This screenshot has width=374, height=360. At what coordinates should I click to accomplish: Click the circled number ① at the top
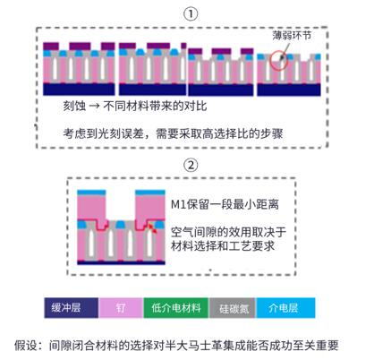tap(191, 14)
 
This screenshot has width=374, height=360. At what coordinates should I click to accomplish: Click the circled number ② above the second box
tap(191, 165)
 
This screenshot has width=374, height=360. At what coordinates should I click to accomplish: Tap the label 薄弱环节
tap(292, 36)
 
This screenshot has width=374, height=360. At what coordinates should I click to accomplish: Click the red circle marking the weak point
tap(279, 60)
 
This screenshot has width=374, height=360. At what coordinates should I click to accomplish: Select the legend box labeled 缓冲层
tap(72, 308)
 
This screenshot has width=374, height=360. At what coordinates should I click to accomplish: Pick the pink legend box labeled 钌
tap(121, 308)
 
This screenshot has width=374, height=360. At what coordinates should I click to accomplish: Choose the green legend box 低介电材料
tap(176, 308)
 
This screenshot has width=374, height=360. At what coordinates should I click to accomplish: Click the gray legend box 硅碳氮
tap(232, 308)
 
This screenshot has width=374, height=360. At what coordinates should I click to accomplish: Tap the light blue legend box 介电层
tap(285, 308)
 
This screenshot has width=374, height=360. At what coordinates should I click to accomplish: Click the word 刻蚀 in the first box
tap(74, 106)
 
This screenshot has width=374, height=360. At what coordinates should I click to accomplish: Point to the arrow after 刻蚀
tap(94, 107)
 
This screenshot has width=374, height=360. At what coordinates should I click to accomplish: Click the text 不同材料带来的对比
tap(155, 106)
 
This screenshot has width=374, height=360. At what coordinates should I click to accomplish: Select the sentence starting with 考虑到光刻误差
tap(173, 133)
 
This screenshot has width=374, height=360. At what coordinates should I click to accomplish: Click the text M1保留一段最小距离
tap(225, 204)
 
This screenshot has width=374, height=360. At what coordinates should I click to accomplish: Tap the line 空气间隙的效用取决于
tap(228, 232)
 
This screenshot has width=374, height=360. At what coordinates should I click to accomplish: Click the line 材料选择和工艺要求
tap(223, 245)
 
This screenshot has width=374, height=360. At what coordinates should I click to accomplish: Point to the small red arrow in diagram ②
tap(153, 227)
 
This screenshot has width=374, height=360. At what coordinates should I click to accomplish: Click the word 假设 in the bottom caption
tap(26, 346)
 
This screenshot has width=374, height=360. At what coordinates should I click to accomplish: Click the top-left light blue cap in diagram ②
tap(91, 193)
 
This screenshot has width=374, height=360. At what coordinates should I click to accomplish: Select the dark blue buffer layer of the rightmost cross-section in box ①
tap(289, 90)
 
